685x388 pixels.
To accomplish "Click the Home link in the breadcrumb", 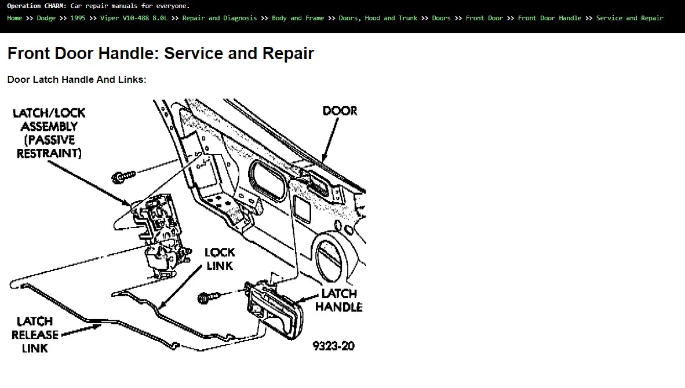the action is coord(14,19).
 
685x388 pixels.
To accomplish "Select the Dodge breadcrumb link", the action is coord(46,19).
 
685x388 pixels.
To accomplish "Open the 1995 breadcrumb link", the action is coord(78,19).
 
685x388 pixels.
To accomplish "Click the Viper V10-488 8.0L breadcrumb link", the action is coord(134,19).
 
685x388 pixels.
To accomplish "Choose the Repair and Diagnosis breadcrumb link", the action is coord(219,19).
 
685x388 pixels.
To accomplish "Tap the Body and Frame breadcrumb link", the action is coord(298,19).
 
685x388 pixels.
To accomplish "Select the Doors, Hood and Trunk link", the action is coord(378,19).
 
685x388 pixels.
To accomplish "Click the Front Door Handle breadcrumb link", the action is coord(549,19).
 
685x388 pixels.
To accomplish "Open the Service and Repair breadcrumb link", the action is coord(629,19).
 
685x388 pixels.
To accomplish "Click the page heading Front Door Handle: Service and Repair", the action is coord(161,53).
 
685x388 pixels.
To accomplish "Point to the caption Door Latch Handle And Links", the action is coord(77,79).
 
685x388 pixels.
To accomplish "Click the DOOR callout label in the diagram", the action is coord(340,111).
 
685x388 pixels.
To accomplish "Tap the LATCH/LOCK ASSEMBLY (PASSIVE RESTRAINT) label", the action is coord(49,133).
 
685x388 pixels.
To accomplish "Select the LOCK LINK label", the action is coord(220,259).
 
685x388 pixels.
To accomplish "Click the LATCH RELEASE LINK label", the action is coord(35,335).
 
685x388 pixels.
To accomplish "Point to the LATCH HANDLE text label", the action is coord(339,301).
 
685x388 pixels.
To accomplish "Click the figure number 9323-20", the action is coord(333,346).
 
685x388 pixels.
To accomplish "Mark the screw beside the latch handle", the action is coord(209,297).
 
